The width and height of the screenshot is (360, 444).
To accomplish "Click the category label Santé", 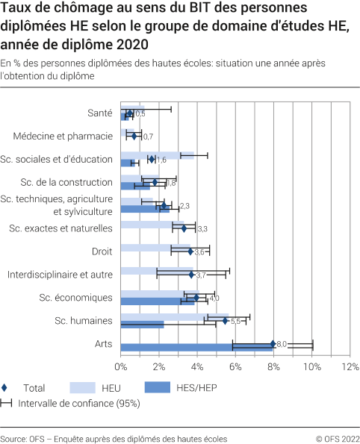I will coord(100,113).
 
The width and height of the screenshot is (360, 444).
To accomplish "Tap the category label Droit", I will coord(102,251).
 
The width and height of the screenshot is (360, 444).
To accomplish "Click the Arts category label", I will coord(104,343).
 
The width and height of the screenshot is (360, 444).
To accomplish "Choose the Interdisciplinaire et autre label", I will coord(60,275).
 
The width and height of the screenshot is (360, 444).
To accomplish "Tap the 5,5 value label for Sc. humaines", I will coord(235,321).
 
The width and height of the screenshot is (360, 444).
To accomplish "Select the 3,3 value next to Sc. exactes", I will coord(202,228).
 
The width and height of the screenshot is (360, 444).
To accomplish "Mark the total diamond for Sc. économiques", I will coord(196,298).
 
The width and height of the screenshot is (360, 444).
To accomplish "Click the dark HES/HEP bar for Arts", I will coord(196,348).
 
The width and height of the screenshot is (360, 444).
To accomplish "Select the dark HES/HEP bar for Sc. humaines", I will coord(142,325).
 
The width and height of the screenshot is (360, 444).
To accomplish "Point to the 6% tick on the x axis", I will coord(235,366).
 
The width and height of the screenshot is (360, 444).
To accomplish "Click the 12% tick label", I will coord(350,366).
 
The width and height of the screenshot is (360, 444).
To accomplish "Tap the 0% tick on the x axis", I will coord(121,366).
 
